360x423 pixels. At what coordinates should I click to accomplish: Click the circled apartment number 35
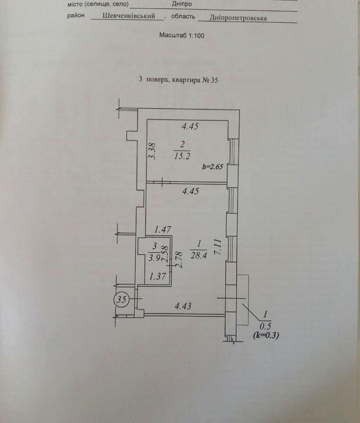pos(123,299)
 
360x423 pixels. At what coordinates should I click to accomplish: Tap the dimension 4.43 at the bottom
pos(183,306)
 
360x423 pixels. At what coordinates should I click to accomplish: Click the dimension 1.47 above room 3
pos(163,230)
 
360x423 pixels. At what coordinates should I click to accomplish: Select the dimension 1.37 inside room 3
pos(157,277)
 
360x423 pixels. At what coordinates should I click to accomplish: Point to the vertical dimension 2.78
pos(179,259)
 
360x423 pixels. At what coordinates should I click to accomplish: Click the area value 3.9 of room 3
pos(153,258)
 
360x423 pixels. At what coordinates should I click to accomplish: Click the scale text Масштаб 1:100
pos(182,35)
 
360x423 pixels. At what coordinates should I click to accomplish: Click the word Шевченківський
pos(129,16)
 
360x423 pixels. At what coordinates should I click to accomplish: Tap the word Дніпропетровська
pos(240,17)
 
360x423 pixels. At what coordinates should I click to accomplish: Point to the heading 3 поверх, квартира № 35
pos(178,80)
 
